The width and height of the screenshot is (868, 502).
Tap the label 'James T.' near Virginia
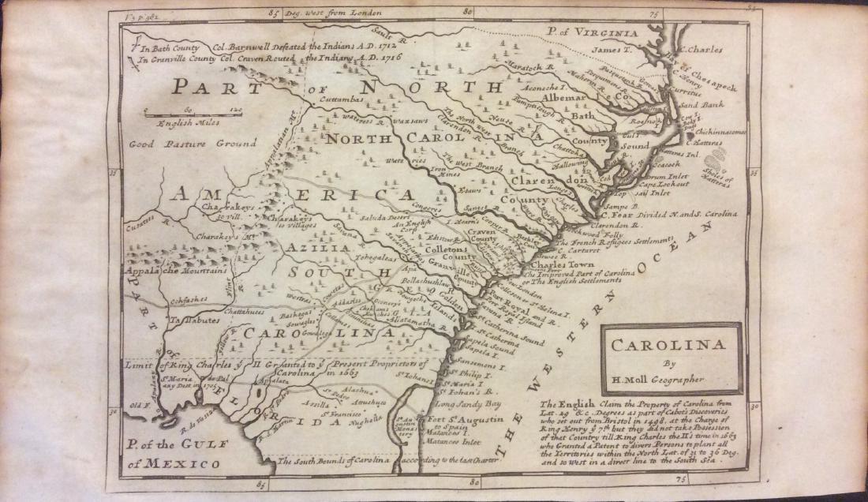pyautogui.click(x=608, y=51)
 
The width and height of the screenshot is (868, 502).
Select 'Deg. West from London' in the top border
pyautogui.click(x=334, y=13)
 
